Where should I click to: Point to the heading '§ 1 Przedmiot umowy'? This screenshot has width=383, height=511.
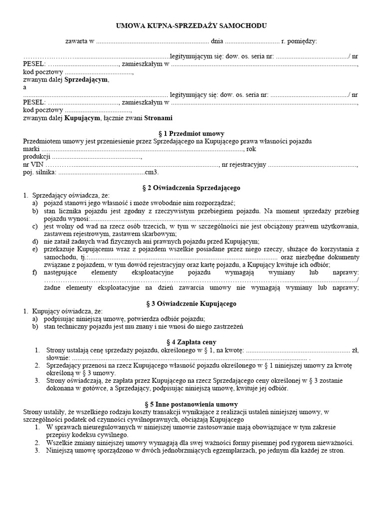tap(191, 134)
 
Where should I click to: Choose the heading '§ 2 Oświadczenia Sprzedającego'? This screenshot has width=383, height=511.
tap(191, 188)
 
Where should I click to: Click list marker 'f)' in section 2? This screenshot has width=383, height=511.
tap(34, 272)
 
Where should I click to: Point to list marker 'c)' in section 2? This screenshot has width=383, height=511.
tap(34, 227)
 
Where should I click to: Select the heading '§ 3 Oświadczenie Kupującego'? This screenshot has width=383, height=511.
tap(191, 303)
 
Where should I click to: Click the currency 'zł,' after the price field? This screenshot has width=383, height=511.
tap(355, 350)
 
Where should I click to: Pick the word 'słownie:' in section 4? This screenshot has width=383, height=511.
tap(57, 358)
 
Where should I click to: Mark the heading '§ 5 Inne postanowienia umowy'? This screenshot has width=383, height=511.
tap(191, 404)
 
